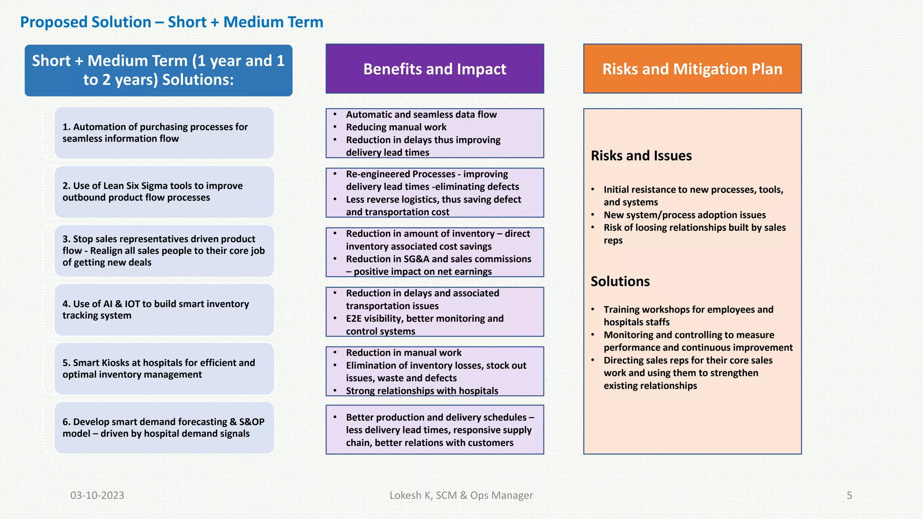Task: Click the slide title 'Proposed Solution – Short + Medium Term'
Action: click(x=172, y=22)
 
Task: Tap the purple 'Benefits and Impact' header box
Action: click(x=434, y=69)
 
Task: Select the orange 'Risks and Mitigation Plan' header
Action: click(x=692, y=69)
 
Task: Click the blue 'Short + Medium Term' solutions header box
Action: click(x=158, y=70)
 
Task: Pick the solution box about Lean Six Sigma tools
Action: click(x=164, y=192)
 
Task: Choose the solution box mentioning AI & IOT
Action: click(x=164, y=310)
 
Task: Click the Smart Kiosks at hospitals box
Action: click(x=164, y=369)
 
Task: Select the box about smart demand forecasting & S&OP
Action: click(x=164, y=428)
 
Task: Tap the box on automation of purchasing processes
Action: click(x=164, y=133)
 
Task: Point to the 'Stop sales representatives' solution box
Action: click(x=164, y=251)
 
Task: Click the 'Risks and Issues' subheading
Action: click(x=641, y=156)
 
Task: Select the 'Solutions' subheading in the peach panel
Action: click(x=620, y=282)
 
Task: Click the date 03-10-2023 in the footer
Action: click(x=97, y=496)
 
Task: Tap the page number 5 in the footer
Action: click(x=849, y=496)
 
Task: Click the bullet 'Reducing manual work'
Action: click(x=396, y=127)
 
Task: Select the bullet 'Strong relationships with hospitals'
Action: click(x=422, y=391)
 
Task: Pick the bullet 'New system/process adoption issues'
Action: click(x=685, y=215)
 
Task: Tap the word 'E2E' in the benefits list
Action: click(x=355, y=319)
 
